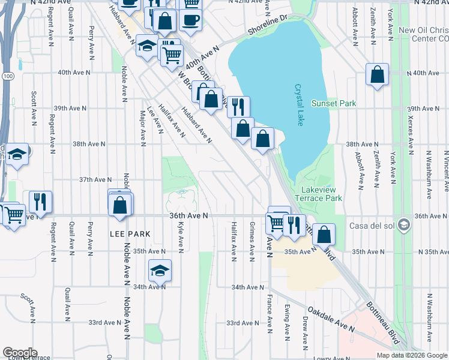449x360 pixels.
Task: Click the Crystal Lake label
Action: pyautogui.click(x=299, y=104)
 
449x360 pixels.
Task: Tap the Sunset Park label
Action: pyautogui.click(x=334, y=104)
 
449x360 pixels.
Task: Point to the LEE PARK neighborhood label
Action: pyautogui.click(x=129, y=233)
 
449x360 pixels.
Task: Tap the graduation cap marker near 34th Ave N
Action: pyautogui.click(x=160, y=271)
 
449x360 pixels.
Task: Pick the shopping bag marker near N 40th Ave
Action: pyautogui.click(x=377, y=76)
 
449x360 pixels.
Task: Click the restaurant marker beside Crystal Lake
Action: pyautogui.click(x=238, y=107)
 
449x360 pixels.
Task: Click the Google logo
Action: pyautogui.click(x=20, y=353)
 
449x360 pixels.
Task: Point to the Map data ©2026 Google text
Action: pyautogui.click(x=412, y=355)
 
